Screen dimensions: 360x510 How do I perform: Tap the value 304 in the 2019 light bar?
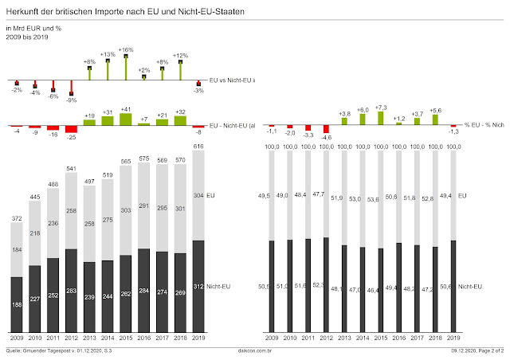199,195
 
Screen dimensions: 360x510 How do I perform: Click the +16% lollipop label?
126,50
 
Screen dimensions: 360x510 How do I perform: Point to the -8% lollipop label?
72,100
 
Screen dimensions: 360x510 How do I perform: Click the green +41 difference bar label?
126,109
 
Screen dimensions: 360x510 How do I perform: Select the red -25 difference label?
72,138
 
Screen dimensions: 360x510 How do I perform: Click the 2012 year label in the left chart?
72,338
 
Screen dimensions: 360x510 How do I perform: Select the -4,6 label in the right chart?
326,138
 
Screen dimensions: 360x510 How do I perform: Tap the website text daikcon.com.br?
254,350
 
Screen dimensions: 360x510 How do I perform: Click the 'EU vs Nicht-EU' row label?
230,81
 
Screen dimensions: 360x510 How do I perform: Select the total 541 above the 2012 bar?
72,168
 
